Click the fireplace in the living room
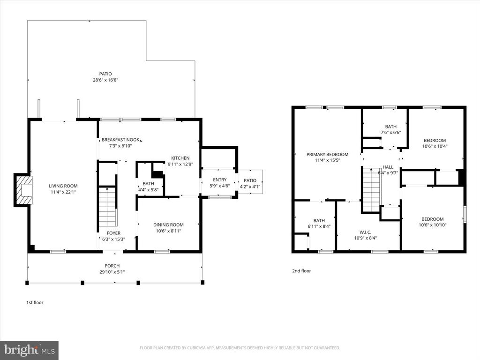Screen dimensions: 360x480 (23, 189)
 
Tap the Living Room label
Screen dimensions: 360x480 (63, 186)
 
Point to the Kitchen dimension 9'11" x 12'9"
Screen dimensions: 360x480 (180, 164)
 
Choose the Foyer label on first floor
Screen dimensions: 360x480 (113, 233)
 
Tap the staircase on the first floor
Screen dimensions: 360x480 (107, 206)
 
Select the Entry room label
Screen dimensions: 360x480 (219, 180)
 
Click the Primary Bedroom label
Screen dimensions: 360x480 (327, 154)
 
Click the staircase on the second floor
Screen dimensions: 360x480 (371, 190)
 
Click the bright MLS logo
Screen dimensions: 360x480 (29, 350)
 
